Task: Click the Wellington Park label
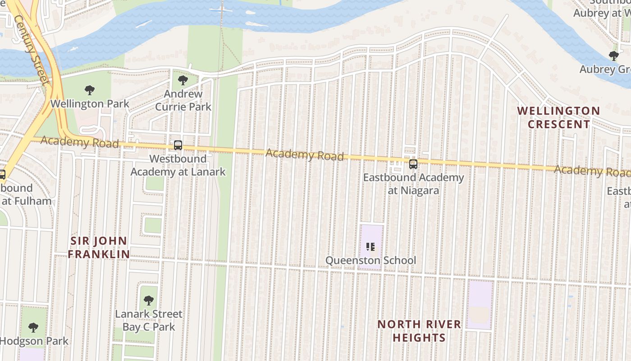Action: tap(90, 104)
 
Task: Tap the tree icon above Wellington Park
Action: tap(90, 90)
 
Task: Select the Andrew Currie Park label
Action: tap(183, 100)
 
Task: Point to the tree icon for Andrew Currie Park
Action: tap(183, 80)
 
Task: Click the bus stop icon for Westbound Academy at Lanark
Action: tap(178, 145)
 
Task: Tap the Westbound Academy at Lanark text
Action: tap(178, 165)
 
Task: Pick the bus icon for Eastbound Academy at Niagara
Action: tap(413, 164)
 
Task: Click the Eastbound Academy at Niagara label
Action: tap(413, 184)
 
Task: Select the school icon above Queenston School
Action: tap(370, 246)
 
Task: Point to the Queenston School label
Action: tap(370, 260)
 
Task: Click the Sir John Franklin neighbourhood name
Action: tap(99, 247)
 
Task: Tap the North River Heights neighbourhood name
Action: tap(419, 331)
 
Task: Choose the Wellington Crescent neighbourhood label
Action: tap(558, 117)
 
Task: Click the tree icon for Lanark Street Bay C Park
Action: tap(148, 300)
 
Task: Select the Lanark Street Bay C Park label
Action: tap(149, 320)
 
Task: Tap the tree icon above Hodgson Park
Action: tap(33, 327)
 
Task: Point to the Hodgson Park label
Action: tap(34, 341)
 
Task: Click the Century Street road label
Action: tap(32, 50)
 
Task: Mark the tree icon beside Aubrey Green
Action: tap(613, 56)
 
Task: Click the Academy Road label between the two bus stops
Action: tap(304, 155)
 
